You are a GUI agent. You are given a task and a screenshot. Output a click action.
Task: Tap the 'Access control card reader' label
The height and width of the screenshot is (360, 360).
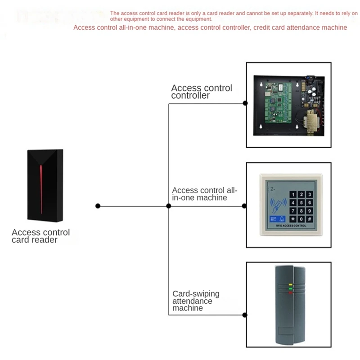pos(40,236)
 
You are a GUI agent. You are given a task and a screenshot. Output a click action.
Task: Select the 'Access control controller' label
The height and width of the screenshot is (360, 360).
pos(201,92)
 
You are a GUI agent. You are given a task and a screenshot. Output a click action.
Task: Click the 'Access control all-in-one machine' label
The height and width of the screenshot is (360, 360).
pos(204,194)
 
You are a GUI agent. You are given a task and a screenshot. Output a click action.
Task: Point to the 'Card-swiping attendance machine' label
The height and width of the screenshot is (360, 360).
pos(196,301)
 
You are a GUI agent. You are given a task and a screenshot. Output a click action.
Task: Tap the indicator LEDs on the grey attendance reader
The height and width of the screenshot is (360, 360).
pos(290,288)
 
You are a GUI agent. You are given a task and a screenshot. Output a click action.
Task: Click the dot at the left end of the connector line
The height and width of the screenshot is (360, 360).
pos(98,206)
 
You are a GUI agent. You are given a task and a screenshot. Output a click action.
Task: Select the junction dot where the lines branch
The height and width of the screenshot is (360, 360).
pos(168,206)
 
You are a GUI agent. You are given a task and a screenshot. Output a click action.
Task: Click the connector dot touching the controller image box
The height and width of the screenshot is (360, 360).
pos(245,103)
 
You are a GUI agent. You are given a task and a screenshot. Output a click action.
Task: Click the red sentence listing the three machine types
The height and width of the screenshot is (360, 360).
pos(210,27)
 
